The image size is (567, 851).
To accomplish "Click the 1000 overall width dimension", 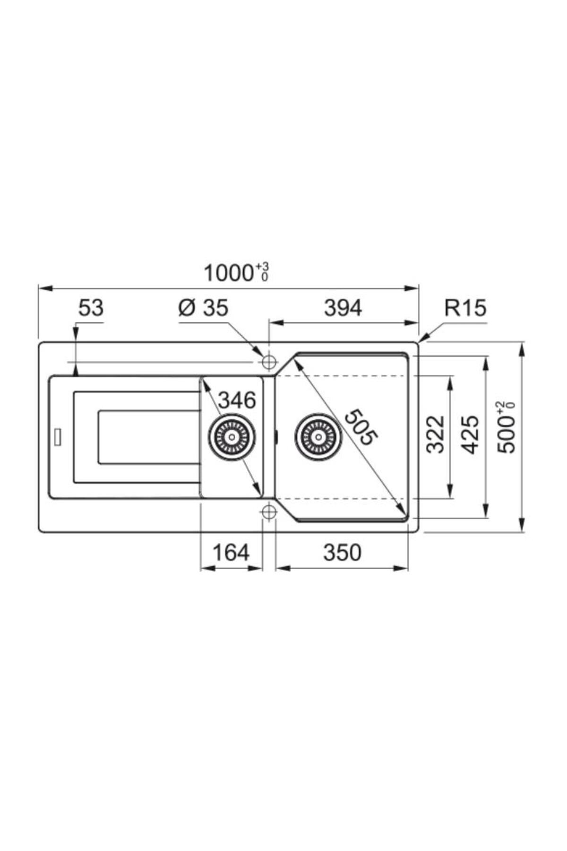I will [229, 273].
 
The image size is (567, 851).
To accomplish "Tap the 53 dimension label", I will [90, 308].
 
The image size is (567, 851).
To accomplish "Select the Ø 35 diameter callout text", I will [203, 308].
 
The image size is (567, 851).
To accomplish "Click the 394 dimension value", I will [343, 308].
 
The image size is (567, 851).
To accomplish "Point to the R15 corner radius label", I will [465, 308].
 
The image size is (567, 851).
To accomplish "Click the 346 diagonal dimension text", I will [237, 400].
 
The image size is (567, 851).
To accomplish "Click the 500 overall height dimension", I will [507, 428].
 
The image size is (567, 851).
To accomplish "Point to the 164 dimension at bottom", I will [231, 552].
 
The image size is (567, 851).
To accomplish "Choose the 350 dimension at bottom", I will [342, 552].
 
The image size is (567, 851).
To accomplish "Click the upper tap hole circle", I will [268, 362].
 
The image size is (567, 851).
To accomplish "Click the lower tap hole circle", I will [268, 512].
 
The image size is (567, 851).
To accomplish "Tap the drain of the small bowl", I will [232, 436].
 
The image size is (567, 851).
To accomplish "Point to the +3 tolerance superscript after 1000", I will [263, 268].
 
